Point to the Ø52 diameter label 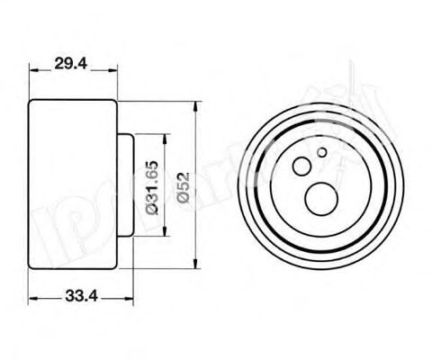point(183,185)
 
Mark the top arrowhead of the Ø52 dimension point(197,104)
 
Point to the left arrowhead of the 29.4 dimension point(32,73)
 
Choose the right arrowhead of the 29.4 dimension point(114,73)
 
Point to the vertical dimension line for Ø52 point(197,144)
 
